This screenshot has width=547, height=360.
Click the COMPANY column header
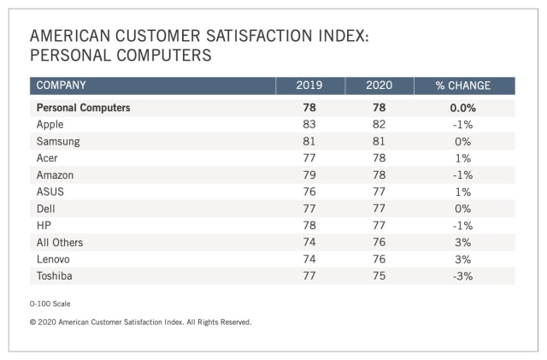click(61, 86)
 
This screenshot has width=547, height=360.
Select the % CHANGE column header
click(463, 86)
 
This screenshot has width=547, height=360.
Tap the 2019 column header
click(309, 86)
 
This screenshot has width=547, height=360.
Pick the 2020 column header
click(379, 86)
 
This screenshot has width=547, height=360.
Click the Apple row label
click(50, 124)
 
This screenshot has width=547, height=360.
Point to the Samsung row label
click(58, 141)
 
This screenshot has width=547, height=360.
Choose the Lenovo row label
click(55, 258)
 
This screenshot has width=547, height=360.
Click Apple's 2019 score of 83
click(309, 124)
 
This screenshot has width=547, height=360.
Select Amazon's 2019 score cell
click(309, 174)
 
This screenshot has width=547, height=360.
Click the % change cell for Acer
click(463, 157)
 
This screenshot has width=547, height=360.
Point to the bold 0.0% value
click(463, 108)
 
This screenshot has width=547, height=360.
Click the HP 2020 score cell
click(379, 225)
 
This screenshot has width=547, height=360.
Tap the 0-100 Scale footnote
click(51, 304)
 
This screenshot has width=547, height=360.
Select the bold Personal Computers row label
click(83, 108)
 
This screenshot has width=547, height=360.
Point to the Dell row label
click(46, 208)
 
